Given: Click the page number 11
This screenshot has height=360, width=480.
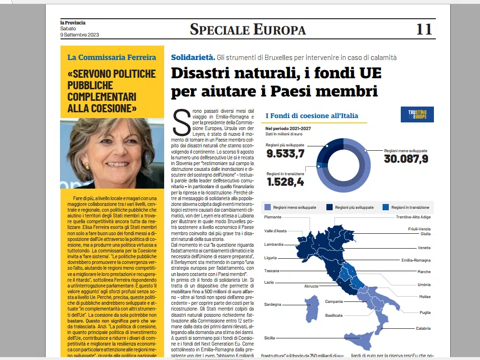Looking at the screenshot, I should (x=424, y=29).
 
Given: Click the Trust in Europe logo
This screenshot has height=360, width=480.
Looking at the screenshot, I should (x=417, y=114).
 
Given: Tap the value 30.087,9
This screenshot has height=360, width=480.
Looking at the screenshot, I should (x=406, y=159).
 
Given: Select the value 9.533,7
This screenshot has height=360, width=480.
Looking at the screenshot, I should (x=286, y=154).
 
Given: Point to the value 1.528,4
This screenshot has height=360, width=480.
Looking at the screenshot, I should (x=285, y=182).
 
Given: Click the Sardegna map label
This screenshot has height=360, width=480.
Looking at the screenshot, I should (x=273, y=304).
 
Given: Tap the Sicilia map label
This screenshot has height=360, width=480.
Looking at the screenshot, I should (x=270, y=338).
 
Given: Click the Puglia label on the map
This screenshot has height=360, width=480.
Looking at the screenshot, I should (x=425, y=312).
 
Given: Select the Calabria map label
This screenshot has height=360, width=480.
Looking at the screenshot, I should (x=423, y=328).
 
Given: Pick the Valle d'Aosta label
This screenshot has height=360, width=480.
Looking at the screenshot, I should (x=276, y=231).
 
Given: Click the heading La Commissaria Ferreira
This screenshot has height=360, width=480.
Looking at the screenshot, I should (x=111, y=57).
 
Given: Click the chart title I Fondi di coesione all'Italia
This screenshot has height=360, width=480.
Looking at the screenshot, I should (x=312, y=116).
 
